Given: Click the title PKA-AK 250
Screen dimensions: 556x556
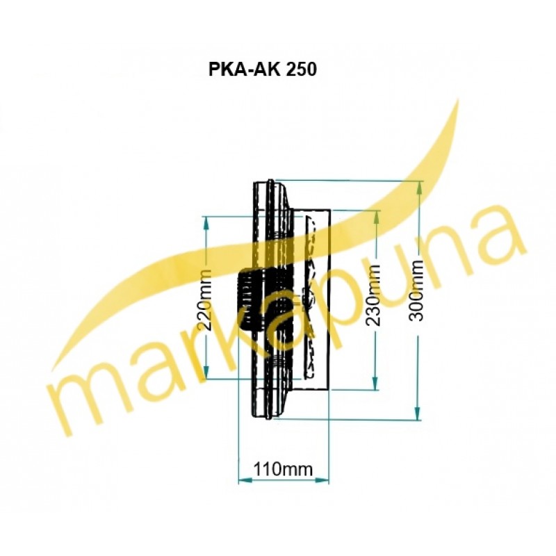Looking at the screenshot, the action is point(262,69).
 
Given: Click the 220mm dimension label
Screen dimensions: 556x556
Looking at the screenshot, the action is point(205,300).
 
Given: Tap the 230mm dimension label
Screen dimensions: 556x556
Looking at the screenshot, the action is point(374,295).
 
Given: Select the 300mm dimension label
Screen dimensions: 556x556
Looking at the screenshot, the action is point(416,291).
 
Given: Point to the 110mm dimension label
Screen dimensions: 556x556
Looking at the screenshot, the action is point(283,469).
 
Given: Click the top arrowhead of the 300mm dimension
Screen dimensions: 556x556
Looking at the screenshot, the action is point(420,187).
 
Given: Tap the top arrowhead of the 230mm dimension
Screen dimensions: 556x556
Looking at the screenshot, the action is point(377,217).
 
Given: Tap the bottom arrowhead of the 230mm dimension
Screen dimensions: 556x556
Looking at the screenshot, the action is point(375,383).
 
